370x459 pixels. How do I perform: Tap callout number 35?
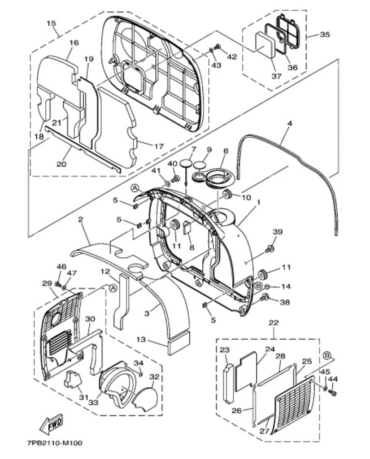(x=325, y=35)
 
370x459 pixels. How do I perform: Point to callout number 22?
(x=274, y=323)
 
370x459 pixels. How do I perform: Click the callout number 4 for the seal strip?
(x=290, y=123)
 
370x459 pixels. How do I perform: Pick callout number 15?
(x=51, y=23)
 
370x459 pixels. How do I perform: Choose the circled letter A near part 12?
(x=112, y=288)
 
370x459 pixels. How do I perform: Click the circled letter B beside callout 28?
(x=327, y=355)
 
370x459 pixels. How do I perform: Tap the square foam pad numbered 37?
(x=265, y=43)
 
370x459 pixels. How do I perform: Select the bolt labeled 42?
(x=218, y=47)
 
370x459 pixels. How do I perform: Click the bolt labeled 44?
(x=332, y=392)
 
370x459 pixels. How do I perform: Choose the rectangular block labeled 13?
(x=178, y=342)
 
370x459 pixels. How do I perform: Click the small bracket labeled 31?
(x=72, y=379)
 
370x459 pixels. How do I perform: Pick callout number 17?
(x=159, y=146)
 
